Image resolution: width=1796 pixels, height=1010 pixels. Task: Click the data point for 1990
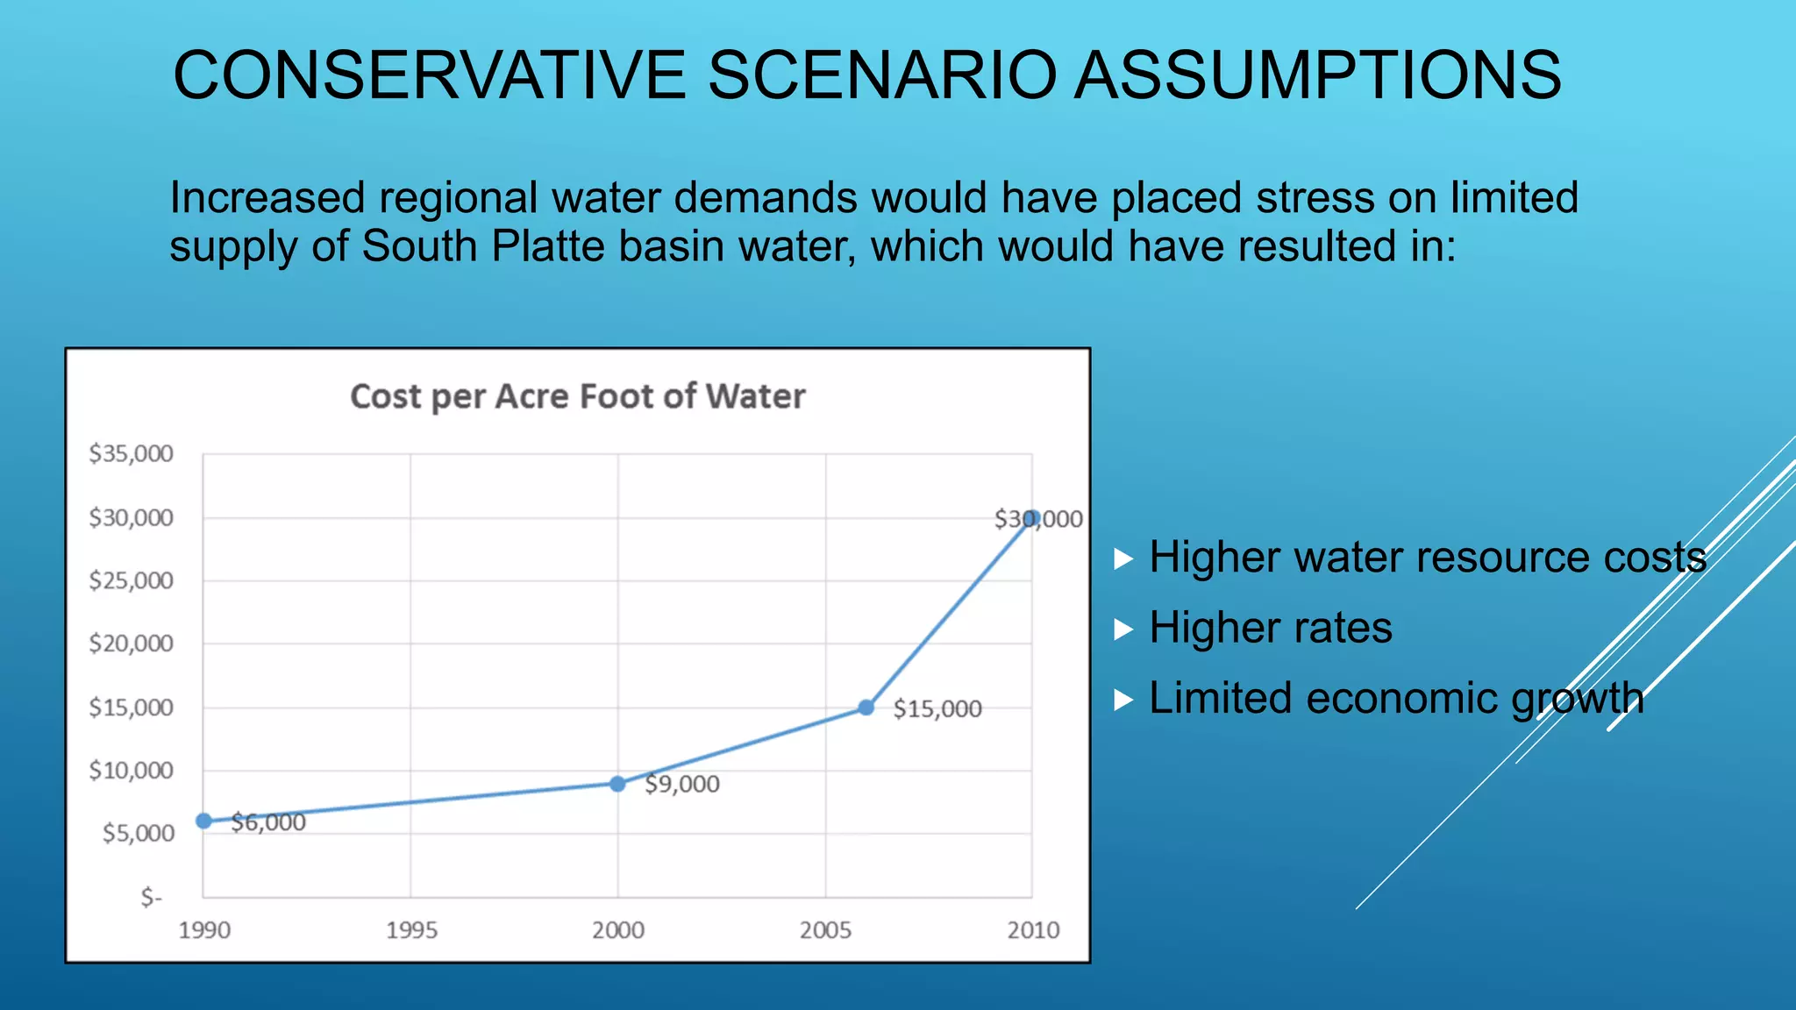pos(203,821)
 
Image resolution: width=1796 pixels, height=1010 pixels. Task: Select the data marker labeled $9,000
pos(617,783)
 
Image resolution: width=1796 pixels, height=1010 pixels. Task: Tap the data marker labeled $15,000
pos(866,708)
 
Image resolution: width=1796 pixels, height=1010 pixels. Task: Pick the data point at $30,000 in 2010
pos(1032,518)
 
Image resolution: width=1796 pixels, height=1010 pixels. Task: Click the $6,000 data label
pos(268,822)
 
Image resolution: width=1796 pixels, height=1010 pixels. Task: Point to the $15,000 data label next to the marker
pos(937,708)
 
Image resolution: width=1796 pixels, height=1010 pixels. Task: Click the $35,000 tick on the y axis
pos(131,453)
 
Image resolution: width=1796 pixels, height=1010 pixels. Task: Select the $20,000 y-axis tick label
pos(131,644)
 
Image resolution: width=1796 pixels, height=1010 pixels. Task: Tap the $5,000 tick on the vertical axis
pos(138,833)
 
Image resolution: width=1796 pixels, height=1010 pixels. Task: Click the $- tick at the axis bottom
pos(151,897)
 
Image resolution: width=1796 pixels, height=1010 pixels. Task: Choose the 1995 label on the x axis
pos(411,930)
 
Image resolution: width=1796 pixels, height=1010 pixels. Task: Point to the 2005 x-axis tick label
pos(825,930)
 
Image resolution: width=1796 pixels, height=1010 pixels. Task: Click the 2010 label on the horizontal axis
pos(1033,930)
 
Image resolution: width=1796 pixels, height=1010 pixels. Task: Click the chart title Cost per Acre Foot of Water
pos(577,396)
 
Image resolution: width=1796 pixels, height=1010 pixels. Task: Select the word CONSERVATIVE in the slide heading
pos(429,75)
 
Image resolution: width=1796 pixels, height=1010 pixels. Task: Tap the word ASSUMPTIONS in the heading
pos(1317,75)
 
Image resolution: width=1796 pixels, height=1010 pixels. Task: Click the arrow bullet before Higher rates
pos(1123,629)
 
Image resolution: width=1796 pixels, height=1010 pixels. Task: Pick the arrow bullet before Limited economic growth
pos(1123,700)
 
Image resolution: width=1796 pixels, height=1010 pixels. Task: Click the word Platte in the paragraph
pos(547,245)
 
